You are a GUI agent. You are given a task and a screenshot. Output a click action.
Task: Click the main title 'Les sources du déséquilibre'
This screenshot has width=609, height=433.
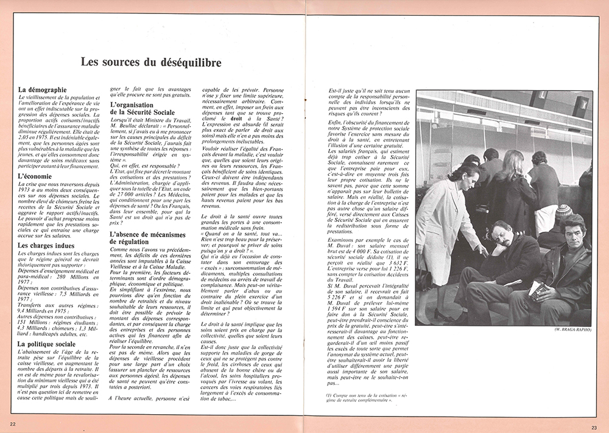(x=151, y=63)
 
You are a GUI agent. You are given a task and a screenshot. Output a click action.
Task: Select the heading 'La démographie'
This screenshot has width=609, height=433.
(x=43, y=90)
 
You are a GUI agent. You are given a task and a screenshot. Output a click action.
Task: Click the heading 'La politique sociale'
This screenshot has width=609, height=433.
(x=47, y=344)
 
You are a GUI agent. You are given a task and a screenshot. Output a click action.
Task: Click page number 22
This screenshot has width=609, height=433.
(x=13, y=424)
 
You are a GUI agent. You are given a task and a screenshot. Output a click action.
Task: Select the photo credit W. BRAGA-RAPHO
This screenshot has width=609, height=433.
(x=572, y=330)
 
